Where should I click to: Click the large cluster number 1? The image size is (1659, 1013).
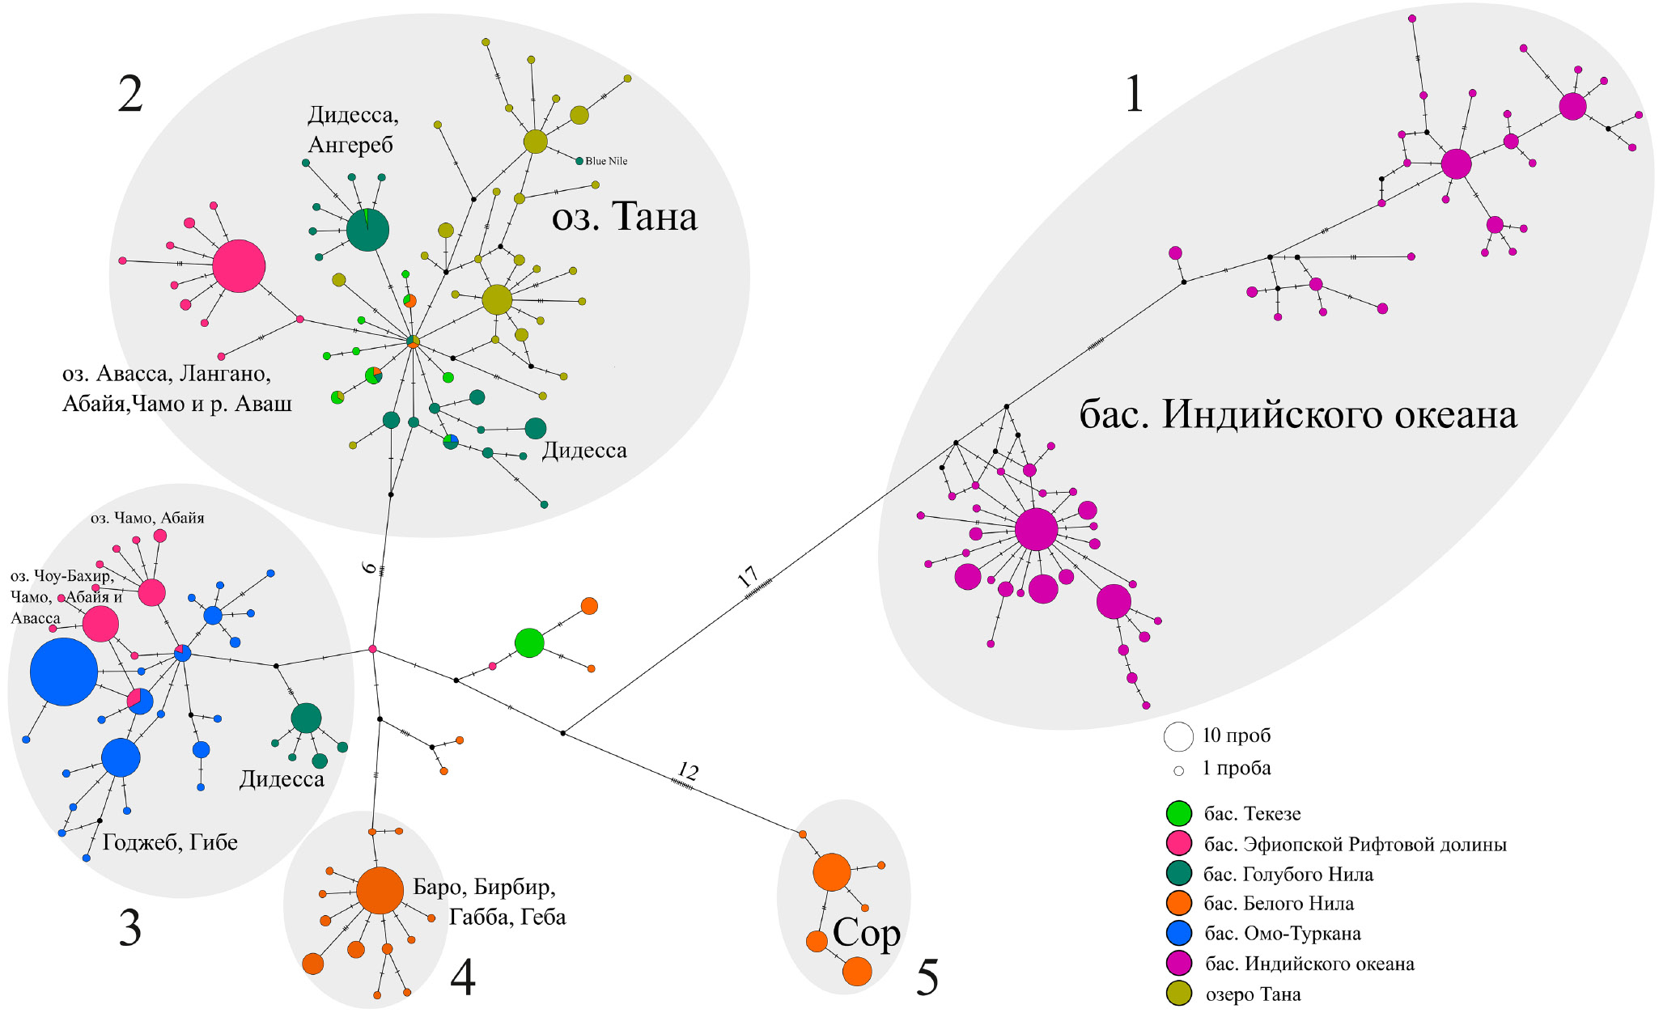click(x=1135, y=94)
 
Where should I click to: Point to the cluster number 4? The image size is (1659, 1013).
click(x=462, y=977)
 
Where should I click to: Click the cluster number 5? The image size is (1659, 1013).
click(x=927, y=977)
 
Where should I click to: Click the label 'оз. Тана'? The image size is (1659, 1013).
click(x=624, y=217)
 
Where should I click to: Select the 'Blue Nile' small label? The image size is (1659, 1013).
click(x=606, y=161)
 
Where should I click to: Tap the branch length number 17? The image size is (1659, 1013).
click(x=748, y=576)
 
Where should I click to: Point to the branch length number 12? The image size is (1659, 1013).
click(x=688, y=770)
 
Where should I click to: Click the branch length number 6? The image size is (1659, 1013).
click(x=370, y=568)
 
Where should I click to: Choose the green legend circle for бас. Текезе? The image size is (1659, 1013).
click(x=1178, y=813)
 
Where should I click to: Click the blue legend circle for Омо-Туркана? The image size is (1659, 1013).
click(x=1178, y=933)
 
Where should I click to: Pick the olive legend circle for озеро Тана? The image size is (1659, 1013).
click(x=1178, y=994)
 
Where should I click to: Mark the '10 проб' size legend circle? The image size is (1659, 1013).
click(x=1178, y=736)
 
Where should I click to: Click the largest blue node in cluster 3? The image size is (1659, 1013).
click(x=64, y=672)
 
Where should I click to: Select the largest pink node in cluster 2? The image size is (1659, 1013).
click(x=239, y=265)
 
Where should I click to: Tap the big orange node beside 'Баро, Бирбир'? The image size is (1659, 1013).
click(x=380, y=890)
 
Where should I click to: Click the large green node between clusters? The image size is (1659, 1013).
click(x=529, y=642)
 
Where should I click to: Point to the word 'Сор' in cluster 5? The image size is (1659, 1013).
click(x=866, y=933)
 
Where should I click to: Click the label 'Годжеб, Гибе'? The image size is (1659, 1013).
click(x=170, y=842)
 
